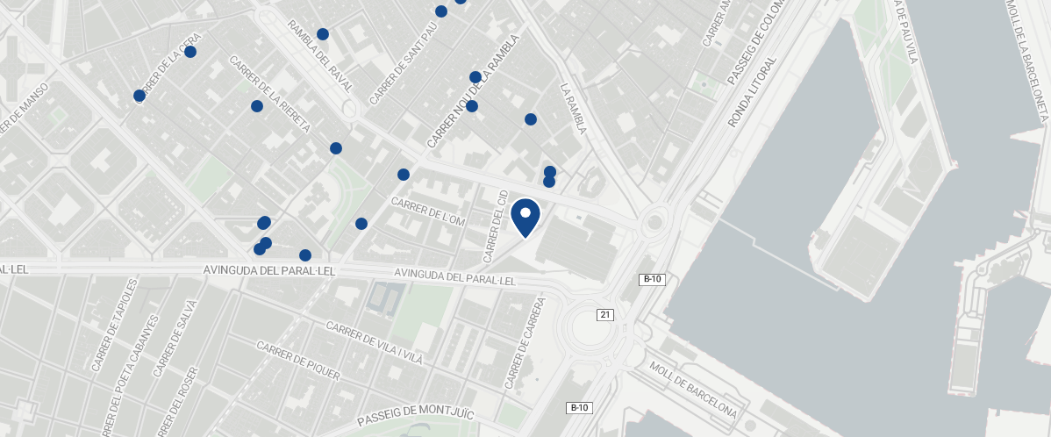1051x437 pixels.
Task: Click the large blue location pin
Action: pos(525,217)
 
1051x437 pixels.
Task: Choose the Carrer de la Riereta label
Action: pos(270,94)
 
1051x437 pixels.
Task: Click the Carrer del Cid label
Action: pos(496,225)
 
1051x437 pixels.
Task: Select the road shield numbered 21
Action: pos(604,314)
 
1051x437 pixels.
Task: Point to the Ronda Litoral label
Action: pos(753,92)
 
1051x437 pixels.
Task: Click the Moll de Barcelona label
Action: pos(692,389)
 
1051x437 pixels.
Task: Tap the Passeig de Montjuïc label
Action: pos(416,416)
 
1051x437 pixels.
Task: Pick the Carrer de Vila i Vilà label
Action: pos(375,343)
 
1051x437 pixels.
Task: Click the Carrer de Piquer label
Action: pos(297,361)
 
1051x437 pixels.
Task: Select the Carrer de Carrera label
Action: pos(525,343)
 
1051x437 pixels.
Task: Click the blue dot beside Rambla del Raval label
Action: pos(323,34)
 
